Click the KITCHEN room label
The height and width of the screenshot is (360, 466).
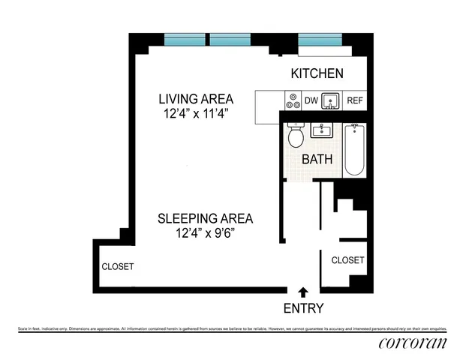tap(317, 73)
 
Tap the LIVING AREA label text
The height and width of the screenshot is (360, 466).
tap(195, 99)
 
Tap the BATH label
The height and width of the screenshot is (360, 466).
tap(317, 160)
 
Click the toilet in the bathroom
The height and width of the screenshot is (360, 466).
tap(295, 136)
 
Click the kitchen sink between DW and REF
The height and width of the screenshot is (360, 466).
tap(331, 100)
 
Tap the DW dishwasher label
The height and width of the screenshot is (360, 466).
tap(311, 100)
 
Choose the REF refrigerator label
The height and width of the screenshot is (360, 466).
tap(356, 100)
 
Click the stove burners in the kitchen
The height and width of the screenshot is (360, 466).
tap(291, 100)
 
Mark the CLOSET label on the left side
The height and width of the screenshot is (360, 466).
tap(118, 266)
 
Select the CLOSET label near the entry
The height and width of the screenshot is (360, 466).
tap(347, 260)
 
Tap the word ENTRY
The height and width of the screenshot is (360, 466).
tap(303, 308)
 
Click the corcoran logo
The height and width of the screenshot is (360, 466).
tap(412, 343)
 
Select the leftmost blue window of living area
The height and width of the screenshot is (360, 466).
tap(183, 40)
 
